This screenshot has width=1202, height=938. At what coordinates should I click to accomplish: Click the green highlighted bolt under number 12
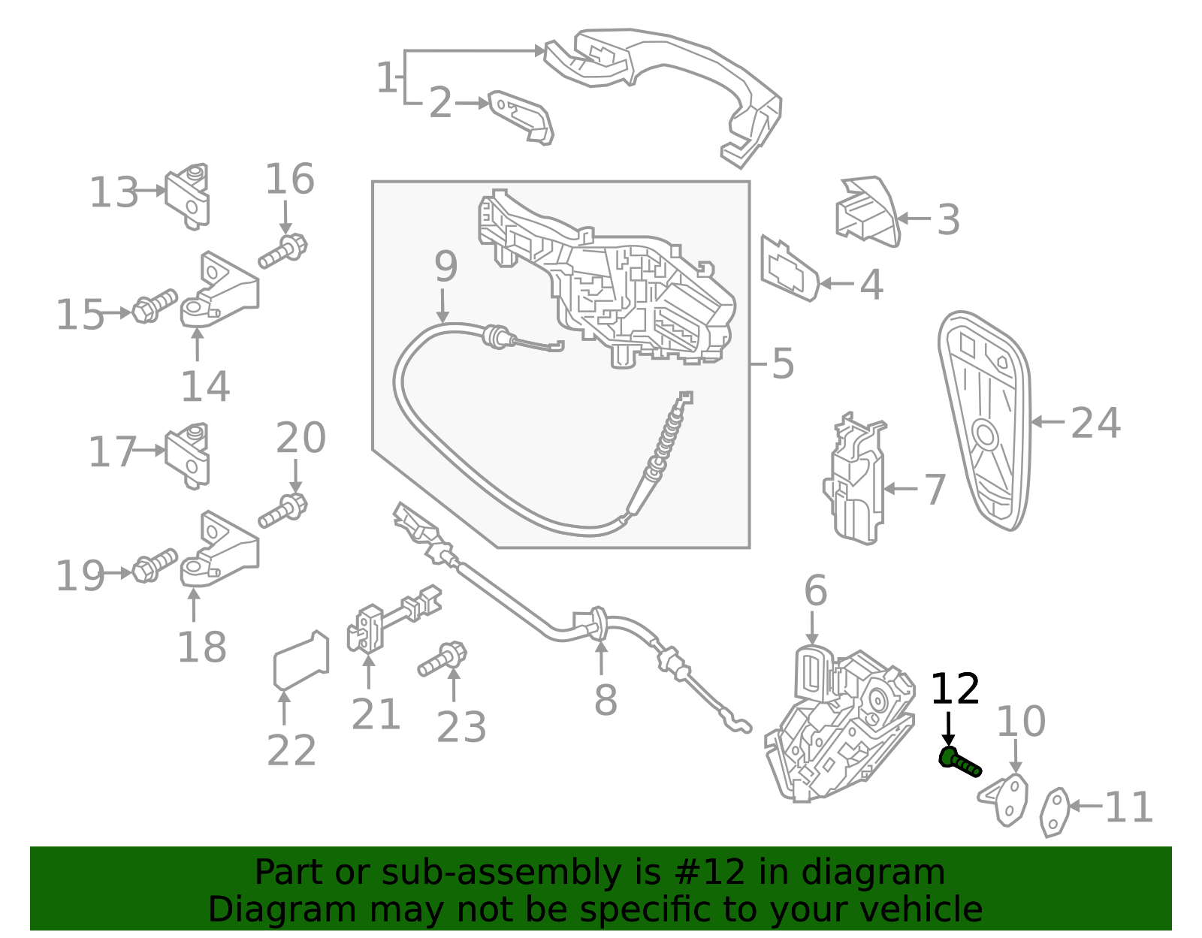click(x=959, y=762)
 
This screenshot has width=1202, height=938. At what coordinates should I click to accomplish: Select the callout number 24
click(x=1096, y=424)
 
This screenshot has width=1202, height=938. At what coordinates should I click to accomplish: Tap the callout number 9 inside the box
click(x=445, y=267)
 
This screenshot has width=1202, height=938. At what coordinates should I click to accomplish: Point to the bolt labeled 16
click(x=282, y=252)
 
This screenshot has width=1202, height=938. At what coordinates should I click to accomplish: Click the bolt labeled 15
click(x=155, y=306)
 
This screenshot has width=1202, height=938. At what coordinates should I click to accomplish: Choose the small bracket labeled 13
click(x=188, y=196)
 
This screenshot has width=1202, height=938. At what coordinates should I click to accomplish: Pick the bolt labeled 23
click(x=442, y=659)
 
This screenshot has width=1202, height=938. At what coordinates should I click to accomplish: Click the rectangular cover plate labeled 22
click(x=301, y=660)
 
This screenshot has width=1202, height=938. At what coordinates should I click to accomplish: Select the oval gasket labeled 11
click(x=1055, y=812)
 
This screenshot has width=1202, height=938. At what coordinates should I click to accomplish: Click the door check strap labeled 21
click(x=394, y=619)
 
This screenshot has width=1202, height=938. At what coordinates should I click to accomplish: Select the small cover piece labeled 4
click(x=790, y=269)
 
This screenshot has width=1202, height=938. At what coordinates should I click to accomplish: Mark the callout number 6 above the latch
click(x=815, y=590)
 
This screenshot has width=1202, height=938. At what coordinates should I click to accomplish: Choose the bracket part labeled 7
click(x=856, y=478)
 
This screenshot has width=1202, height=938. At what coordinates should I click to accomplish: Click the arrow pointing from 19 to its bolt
click(x=119, y=573)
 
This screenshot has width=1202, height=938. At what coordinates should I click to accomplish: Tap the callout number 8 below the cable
click(x=606, y=700)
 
